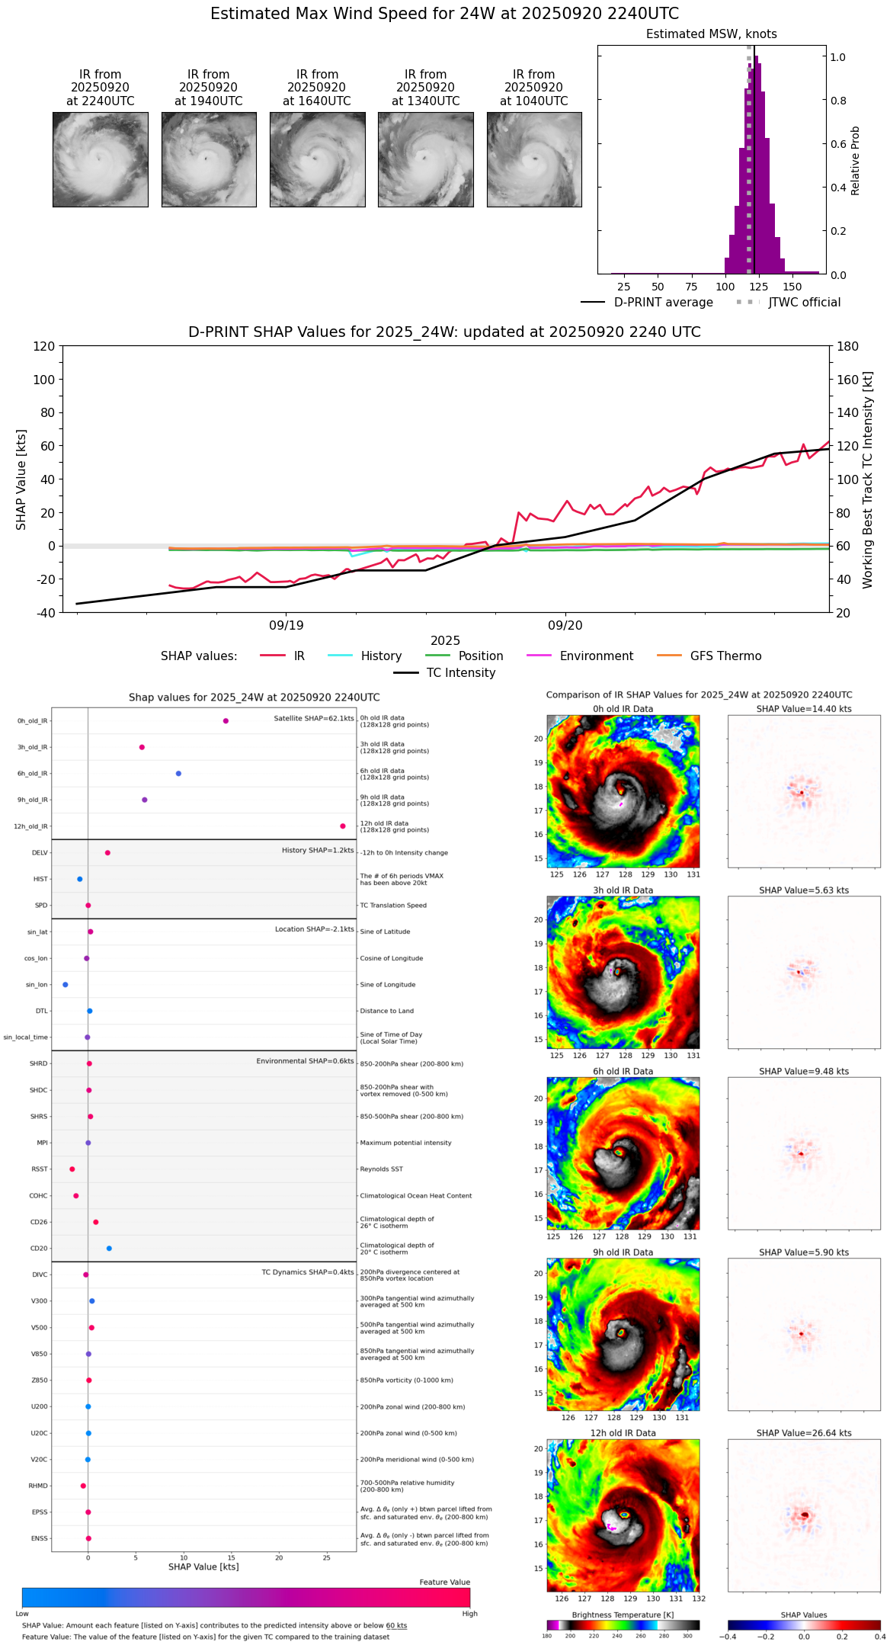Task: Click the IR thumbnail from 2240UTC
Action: click(100, 159)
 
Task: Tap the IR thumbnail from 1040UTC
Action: click(534, 159)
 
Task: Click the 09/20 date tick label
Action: click(565, 626)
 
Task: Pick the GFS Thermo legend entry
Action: click(725, 656)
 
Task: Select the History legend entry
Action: click(381, 656)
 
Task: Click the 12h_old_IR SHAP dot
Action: click(343, 826)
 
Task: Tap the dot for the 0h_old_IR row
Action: click(226, 721)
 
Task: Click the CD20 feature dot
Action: click(109, 1249)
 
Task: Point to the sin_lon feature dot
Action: click(66, 985)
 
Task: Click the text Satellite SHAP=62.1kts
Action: click(314, 718)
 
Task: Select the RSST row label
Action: click(40, 1169)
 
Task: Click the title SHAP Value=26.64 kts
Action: click(804, 1433)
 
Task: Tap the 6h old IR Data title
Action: click(623, 1071)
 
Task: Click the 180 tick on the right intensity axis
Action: click(848, 347)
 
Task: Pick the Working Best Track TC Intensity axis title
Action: click(868, 480)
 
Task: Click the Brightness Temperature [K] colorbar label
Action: click(623, 1615)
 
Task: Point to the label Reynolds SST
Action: click(382, 1169)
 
